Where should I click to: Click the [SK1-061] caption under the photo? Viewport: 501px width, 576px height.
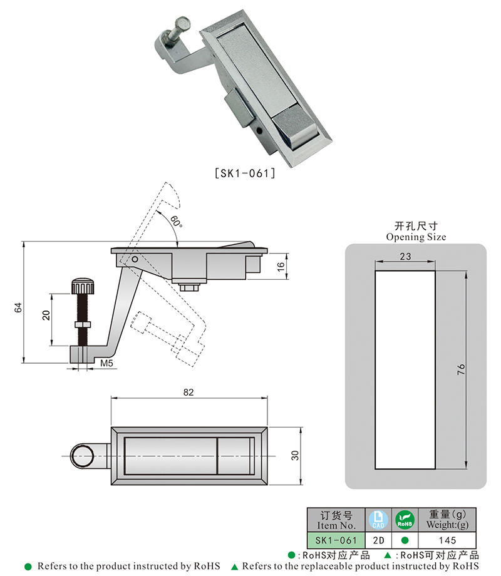point(245,173)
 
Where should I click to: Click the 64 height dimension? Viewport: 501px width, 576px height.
point(18,307)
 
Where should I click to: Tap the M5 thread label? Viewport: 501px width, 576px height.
point(106,363)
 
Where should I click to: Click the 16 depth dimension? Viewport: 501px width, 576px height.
point(281,265)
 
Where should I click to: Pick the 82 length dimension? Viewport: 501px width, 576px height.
point(189,392)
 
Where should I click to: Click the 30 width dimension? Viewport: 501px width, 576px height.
point(296,455)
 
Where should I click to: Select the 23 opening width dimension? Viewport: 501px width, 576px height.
point(405,255)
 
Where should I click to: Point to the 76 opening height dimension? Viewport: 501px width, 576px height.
point(461,369)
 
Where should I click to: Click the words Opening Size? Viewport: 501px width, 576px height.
point(416,237)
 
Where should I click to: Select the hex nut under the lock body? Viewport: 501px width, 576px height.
point(189,286)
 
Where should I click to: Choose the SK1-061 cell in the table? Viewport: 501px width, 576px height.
point(335,540)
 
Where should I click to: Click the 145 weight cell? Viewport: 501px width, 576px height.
point(448,540)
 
